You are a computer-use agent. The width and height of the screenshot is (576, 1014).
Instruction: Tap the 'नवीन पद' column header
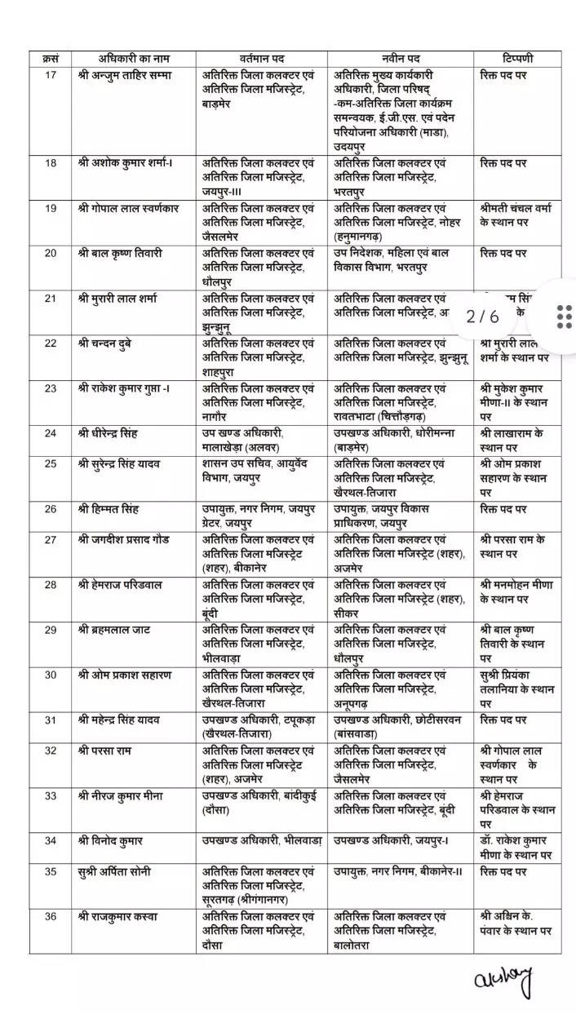point(401,60)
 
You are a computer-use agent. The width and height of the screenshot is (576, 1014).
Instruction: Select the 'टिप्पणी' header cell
point(517,60)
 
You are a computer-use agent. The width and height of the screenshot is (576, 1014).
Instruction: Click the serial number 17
point(51,74)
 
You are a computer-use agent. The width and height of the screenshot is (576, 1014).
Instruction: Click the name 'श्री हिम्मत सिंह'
point(109,509)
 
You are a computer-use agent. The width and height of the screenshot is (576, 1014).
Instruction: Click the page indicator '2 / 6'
point(482,316)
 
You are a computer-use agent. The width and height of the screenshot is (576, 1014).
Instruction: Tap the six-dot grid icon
point(564,316)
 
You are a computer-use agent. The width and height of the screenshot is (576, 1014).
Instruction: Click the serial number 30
point(51,675)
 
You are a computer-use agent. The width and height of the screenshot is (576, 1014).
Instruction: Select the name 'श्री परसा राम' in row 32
point(106,750)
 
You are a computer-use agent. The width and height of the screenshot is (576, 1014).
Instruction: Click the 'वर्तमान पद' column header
point(261,60)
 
